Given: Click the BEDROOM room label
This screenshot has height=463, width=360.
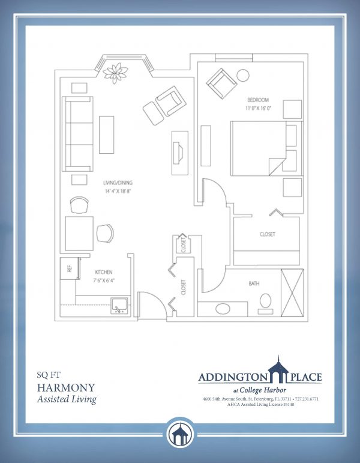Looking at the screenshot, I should pyautogui.click(x=257, y=99).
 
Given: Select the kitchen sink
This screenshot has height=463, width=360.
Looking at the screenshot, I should pyautogui.click(x=119, y=306).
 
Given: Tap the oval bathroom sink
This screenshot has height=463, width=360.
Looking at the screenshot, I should pyautogui.click(x=222, y=309).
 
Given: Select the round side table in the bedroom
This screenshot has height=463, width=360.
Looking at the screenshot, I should pyautogui.click(x=244, y=76).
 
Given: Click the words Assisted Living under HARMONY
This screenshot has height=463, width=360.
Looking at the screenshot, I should pyautogui.click(x=67, y=399).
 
